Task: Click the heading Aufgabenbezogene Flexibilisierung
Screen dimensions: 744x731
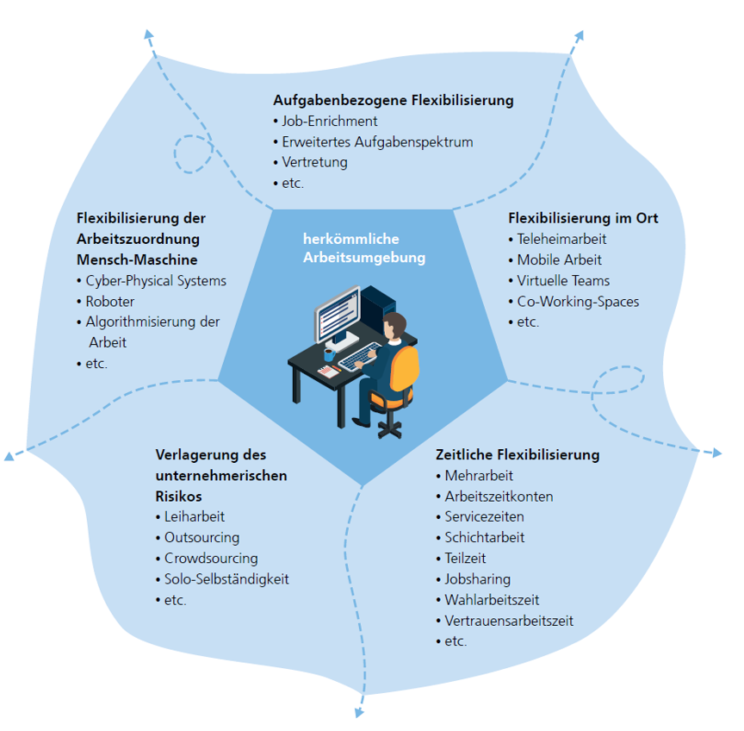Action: pos(394,101)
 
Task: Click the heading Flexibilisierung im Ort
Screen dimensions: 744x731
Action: pos(583,218)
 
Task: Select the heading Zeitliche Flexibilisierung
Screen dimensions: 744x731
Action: pos(518,455)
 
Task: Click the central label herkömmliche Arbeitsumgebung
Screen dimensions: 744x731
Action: pos(364,248)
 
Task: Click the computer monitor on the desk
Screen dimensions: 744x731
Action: pos(338,314)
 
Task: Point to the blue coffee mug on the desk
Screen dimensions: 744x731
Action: pos(329,354)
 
